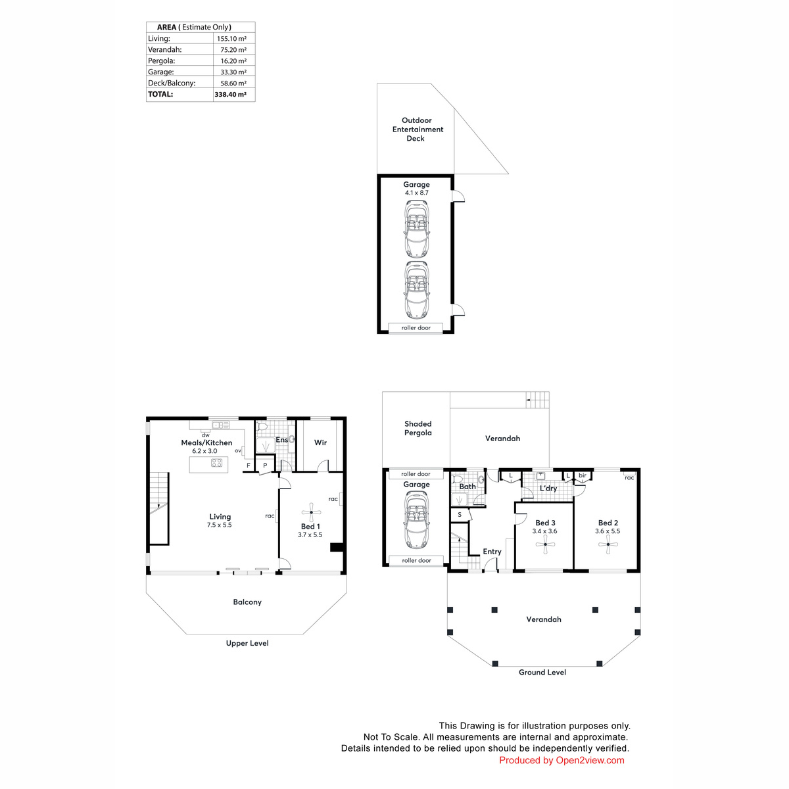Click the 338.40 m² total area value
[230, 94]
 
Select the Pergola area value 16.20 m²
[233, 61]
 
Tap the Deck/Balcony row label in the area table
[172, 83]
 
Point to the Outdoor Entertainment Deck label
[418, 130]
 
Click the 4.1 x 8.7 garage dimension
[416, 193]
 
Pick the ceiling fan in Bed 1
[311, 512]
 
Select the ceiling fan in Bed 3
[545, 544]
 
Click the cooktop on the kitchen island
[216, 463]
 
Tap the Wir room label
[320, 442]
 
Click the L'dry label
[548, 488]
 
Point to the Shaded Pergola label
[418, 428]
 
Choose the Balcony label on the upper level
[247, 602]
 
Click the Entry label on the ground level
[492, 552]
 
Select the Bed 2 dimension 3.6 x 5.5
[608, 531]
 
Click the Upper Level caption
[247, 643]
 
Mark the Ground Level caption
[542, 673]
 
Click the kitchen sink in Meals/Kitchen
[221, 425]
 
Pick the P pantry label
[265, 466]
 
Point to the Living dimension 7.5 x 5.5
[219, 525]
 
